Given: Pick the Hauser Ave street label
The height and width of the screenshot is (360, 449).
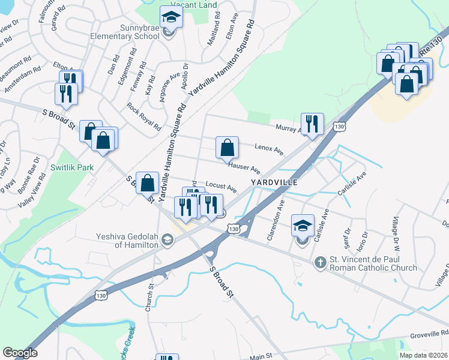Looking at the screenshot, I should tap(244, 167).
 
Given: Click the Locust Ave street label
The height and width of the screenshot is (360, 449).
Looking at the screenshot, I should tap(221, 187).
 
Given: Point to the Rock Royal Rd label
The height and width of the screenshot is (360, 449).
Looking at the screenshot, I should tap(144, 116).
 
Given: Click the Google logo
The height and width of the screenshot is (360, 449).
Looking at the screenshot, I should tap(20, 353).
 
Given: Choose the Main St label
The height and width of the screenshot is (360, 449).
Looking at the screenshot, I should tap(261, 357).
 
